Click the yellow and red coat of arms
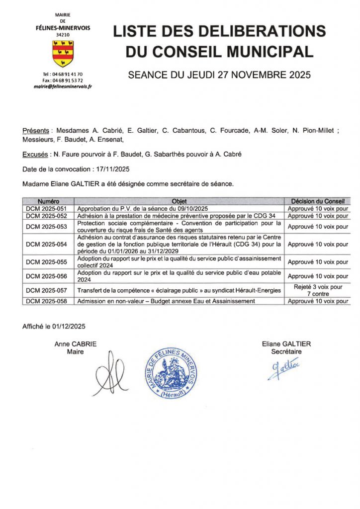click(x=63, y=54)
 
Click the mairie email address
click(x=63, y=86)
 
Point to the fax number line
click(x=63, y=80)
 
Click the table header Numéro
click(x=48, y=201)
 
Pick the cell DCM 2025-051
click(x=48, y=209)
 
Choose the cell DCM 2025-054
click(x=48, y=245)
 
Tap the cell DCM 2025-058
click(x=48, y=301)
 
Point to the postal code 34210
click(x=63, y=35)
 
